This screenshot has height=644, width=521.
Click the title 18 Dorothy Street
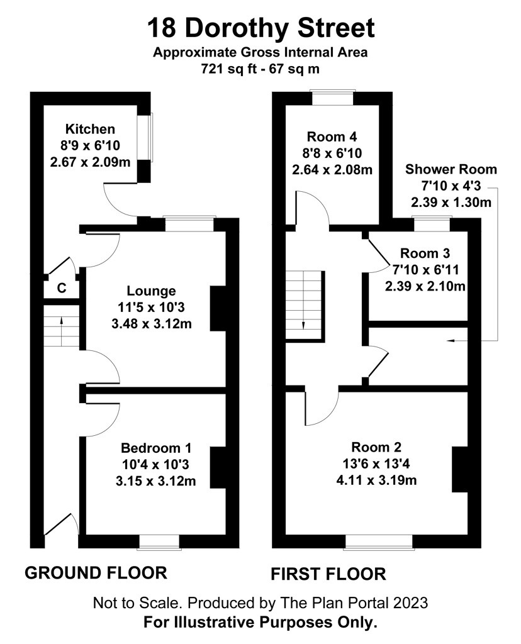[261, 28]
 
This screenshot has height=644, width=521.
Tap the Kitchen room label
[90, 129]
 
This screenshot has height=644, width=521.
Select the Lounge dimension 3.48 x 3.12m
[152, 324]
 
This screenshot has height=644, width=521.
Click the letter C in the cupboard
[61, 288]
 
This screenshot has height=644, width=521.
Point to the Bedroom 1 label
[156, 448]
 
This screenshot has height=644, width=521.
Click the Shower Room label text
[451, 169]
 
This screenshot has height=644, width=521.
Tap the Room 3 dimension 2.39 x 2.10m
[425, 286]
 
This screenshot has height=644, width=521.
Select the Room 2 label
[376, 447]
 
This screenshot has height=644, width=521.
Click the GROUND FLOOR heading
[96, 572]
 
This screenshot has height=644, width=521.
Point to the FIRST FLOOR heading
[328, 574]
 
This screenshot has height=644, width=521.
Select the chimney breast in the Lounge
[218, 308]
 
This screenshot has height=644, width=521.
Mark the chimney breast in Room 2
[460, 469]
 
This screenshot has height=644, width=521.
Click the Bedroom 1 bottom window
[159, 541]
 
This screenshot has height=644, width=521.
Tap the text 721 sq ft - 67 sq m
[260, 68]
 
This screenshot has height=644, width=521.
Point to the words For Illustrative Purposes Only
[260, 622]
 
